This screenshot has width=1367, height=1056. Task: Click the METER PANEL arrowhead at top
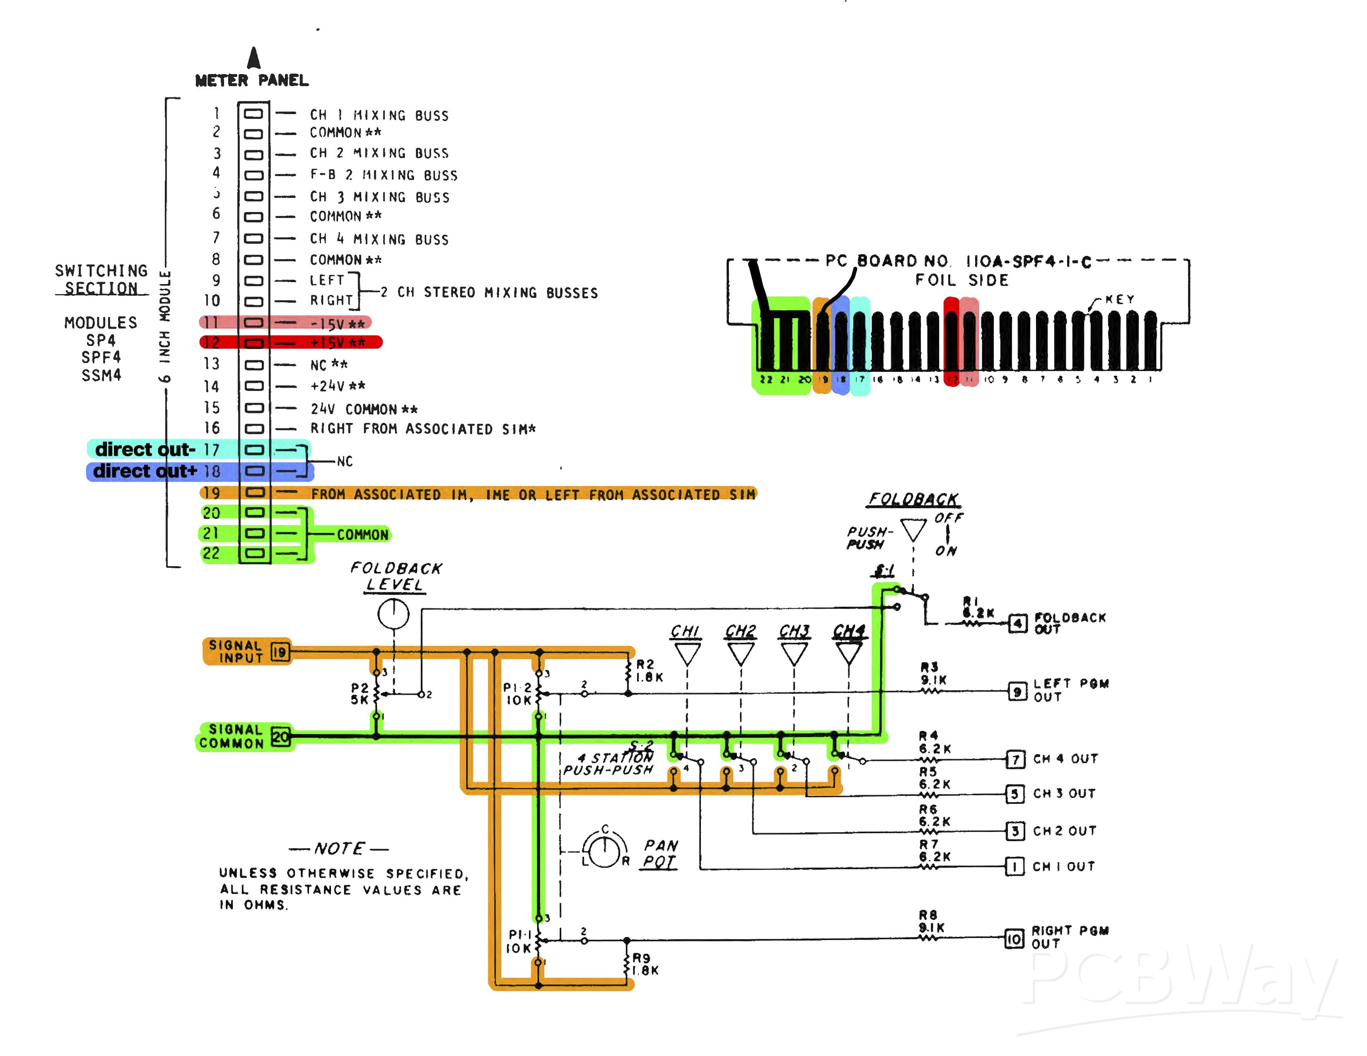[254, 58]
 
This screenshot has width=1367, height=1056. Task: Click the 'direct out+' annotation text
[145, 471]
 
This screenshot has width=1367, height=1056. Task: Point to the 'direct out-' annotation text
[145, 449]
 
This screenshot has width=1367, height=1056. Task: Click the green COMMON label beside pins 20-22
[362, 535]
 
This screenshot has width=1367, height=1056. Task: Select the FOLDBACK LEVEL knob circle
[394, 614]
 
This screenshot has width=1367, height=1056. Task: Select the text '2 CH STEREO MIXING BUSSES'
[489, 292]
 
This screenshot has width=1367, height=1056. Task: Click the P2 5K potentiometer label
[360, 693]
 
